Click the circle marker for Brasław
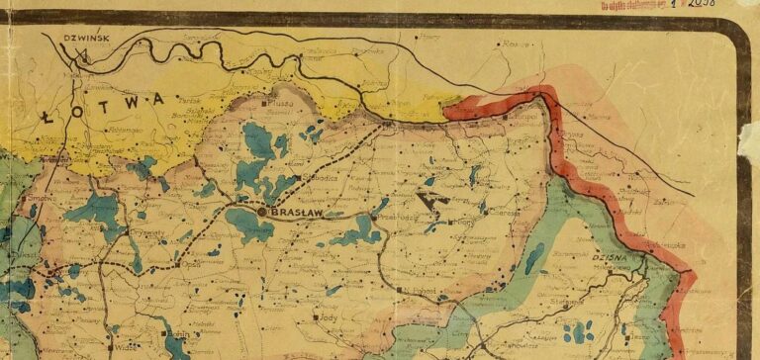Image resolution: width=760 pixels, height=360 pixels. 262,211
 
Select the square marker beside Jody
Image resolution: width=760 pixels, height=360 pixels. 317,318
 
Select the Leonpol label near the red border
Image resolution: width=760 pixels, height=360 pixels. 523,118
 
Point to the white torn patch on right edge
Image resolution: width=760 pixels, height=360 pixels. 749,138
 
